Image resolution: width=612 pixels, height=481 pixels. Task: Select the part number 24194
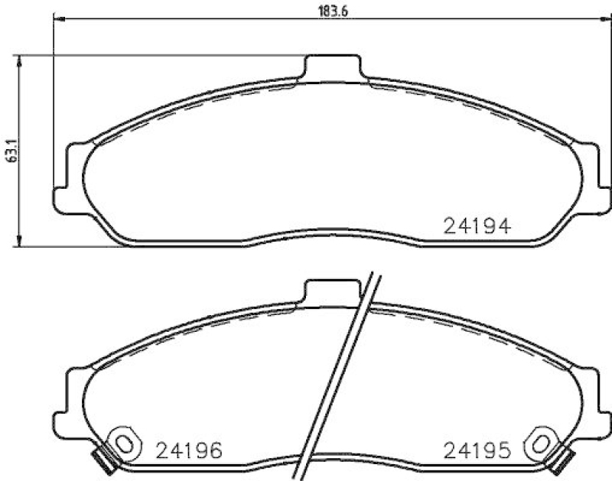click(477, 226)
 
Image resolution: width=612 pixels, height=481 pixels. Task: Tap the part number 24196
click(188, 450)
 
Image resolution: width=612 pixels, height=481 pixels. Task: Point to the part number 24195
click(477, 450)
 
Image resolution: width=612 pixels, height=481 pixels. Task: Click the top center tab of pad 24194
click(332, 67)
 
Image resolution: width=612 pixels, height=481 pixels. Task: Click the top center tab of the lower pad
click(332, 291)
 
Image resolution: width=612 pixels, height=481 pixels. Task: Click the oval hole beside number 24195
click(542, 442)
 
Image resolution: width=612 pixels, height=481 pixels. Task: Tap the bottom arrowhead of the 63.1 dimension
click(21, 242)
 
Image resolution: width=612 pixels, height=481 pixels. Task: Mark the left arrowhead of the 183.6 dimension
click(58, 21)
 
